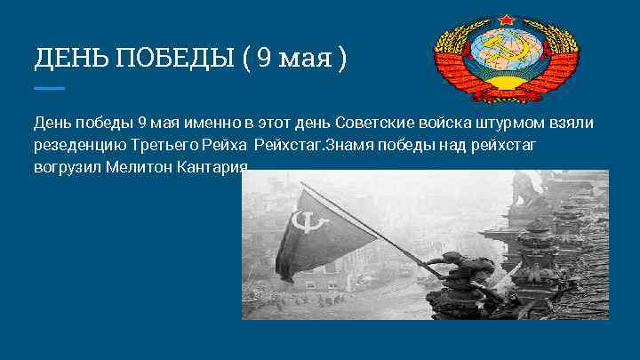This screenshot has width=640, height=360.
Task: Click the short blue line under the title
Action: tap(49, 88)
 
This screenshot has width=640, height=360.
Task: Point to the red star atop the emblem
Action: tap(507, 19)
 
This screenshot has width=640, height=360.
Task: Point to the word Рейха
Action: tap(224, 145)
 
